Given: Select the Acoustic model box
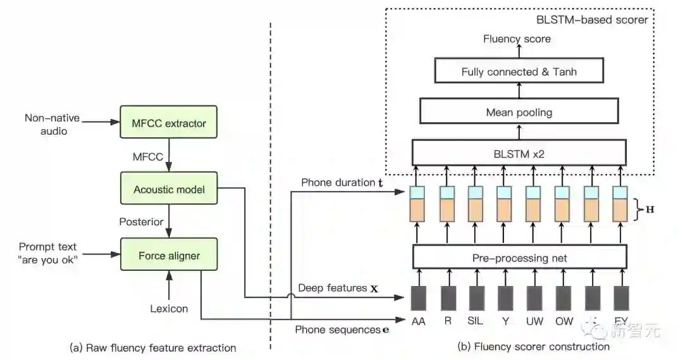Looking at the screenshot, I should click(169, 189).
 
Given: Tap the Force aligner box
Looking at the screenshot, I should click(169, 256).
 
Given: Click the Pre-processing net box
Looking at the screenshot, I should click(519, 258).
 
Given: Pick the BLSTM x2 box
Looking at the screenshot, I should click(519, 153).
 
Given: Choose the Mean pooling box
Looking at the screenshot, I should click(519, 113).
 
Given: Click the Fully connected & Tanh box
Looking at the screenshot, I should click(519, 72).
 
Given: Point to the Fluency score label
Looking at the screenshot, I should click(517, 39).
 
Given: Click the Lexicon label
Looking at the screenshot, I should click(169, 309).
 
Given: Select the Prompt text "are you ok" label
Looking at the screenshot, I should click(48, 252).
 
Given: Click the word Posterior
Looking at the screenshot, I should click(141, 222).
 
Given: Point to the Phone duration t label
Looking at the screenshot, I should click(342, 183).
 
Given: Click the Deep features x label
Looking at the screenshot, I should click(338, 289).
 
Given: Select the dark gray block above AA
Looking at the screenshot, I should click(419, 298).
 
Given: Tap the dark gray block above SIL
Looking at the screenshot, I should click(476, 298).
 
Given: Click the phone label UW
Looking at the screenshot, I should click(534, 321).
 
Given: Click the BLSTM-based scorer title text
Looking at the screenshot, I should click(592, 20).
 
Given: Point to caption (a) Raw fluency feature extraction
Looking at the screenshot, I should click(152, 347).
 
